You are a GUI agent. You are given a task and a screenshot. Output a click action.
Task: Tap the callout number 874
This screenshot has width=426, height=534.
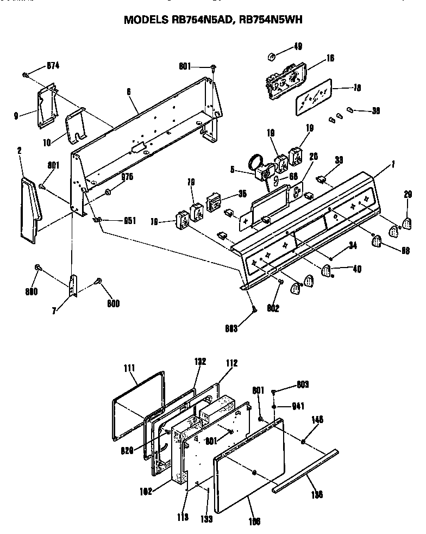[53, 66]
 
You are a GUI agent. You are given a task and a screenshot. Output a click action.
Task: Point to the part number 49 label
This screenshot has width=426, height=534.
[297, 46]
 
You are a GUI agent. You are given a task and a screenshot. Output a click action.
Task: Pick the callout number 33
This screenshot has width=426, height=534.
[339, 160]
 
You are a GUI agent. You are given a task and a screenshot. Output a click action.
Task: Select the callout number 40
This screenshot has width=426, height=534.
[356, 269]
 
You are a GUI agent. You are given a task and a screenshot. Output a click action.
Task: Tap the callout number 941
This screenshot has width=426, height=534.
[299, 406]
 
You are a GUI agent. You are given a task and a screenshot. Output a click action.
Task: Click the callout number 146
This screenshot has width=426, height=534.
[317, 420]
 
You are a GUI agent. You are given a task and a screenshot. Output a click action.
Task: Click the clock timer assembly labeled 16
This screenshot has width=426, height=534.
[285, 82]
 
